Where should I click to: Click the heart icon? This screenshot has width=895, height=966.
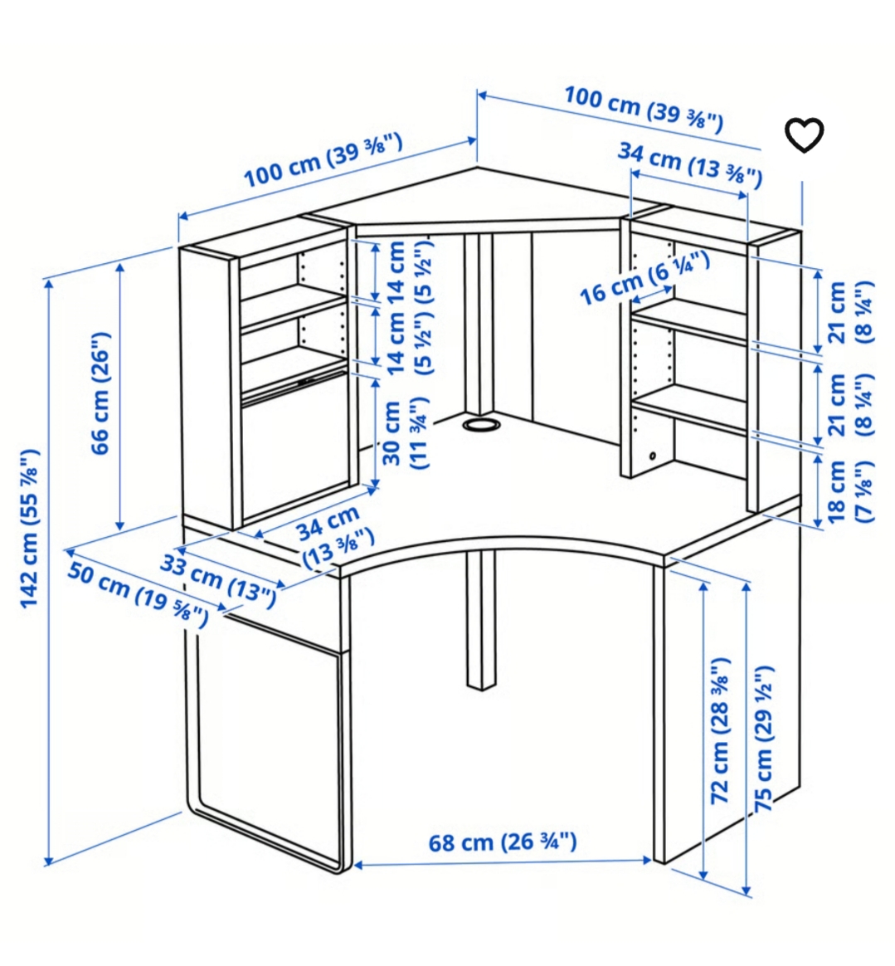pos(804,134)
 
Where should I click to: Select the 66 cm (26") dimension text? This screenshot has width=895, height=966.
pos(100,393)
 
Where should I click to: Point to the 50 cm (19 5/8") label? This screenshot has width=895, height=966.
pos(137,594)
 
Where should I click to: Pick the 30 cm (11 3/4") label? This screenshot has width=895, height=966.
pos(405,433)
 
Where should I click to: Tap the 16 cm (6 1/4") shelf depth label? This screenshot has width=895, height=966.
pos(644,279)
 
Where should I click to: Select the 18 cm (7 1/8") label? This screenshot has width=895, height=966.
pos(851,491)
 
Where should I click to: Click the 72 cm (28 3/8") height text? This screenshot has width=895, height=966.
pos(720,730)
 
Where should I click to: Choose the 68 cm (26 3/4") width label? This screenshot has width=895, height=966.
pos(503,842)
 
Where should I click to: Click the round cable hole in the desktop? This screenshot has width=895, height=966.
pos(480,425)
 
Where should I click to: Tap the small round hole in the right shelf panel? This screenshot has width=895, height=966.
pos(652,456)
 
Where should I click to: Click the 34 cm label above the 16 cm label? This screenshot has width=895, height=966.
pos(690,163)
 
